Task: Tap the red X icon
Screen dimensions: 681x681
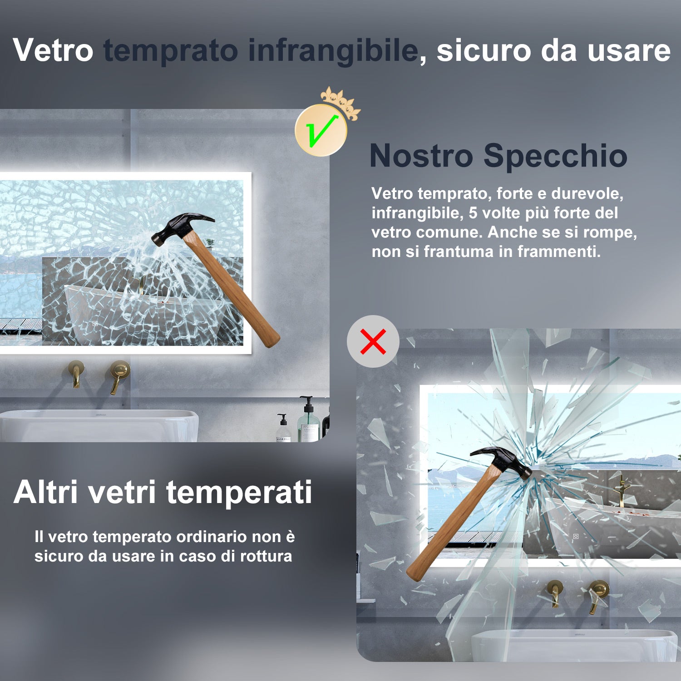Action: click(373, 341)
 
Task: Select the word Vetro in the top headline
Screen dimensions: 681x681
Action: click(53, 50)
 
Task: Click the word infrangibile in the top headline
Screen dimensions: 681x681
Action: click(333, 50)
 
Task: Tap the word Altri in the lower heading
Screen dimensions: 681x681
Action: click(46, 492)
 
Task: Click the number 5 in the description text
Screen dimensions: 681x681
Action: click(473, 213)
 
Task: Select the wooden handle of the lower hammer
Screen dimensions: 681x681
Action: click(449, 527)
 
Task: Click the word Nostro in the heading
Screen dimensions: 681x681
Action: click(421, 156)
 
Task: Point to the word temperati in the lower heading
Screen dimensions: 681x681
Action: click(239, 492)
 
